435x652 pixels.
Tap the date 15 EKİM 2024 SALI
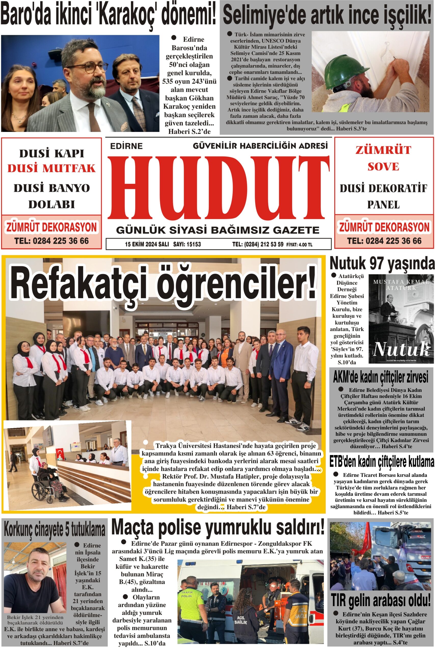coord(147,244)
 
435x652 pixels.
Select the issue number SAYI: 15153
coord(187,244)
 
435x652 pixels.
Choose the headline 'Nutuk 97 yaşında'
coord(382,264)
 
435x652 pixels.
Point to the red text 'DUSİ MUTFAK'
coord(51,168)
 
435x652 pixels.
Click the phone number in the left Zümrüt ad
coord(51,241)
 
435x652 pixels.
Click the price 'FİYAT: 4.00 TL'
coord(299,244)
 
